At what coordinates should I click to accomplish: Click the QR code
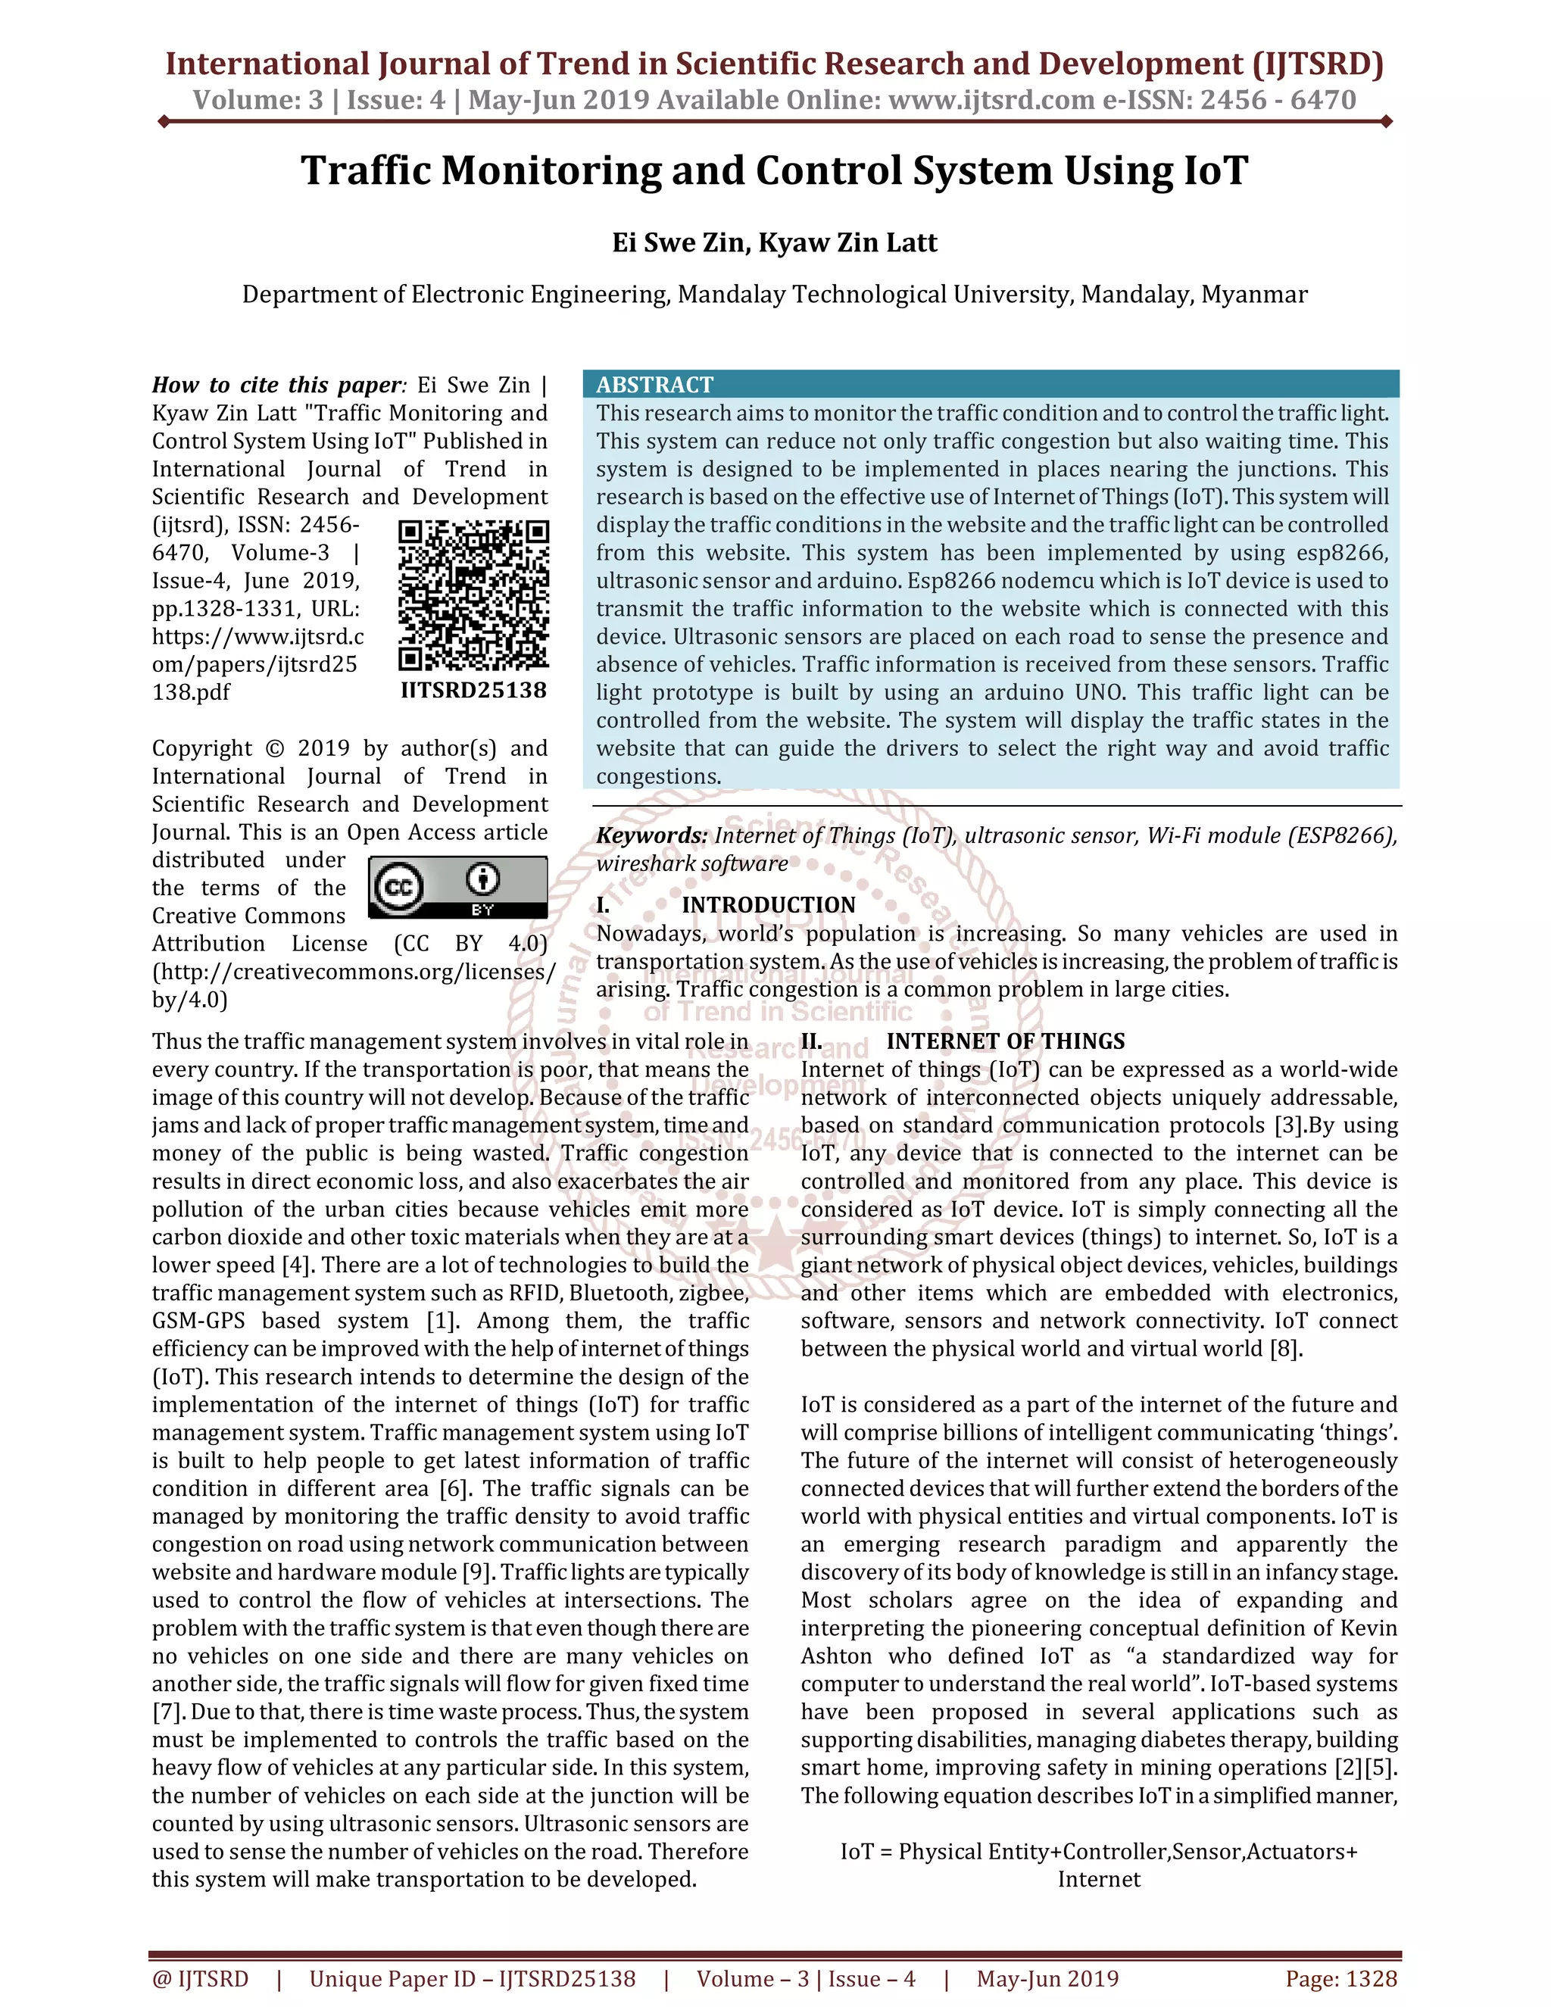(473, 595)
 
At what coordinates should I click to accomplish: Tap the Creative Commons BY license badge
(457, 887)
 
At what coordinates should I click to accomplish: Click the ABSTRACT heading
(654, 384)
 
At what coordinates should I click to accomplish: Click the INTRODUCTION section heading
(768, 905)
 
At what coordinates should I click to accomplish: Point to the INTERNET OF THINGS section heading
(1005, 1041)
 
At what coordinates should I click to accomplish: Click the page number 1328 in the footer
(1371, 1978)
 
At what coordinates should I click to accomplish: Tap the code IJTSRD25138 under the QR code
(473, 690)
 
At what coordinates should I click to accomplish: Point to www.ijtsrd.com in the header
(991, 99)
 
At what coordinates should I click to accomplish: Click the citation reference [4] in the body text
(296, 1266)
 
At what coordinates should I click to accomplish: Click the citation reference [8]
(1285, 1349)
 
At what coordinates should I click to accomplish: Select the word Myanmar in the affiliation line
(1254, 294)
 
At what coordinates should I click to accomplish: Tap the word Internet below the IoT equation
(1099, 1879)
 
